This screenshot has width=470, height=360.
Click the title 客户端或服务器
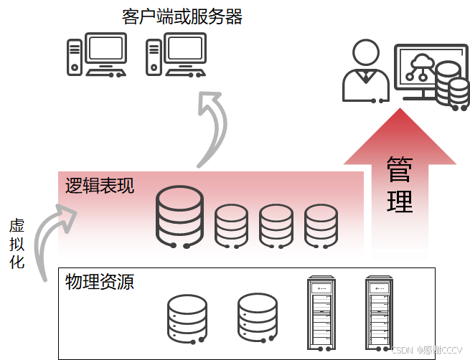point(182,16)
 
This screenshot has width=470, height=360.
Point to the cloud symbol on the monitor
point(418,62)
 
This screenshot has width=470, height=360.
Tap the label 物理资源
point(99,281)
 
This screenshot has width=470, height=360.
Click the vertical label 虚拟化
point(17,244)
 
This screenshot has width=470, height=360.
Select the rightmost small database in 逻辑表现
point(320,224)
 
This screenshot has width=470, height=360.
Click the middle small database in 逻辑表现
point(276,224)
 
